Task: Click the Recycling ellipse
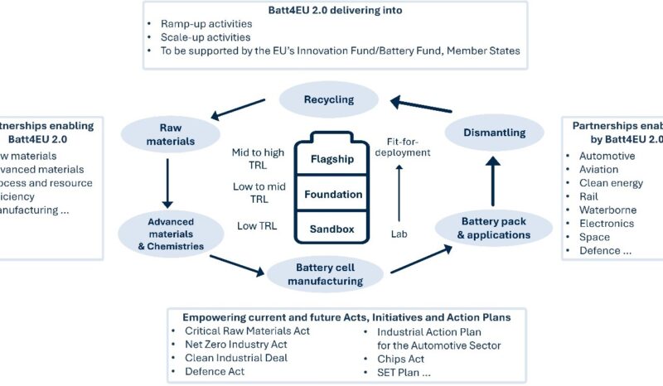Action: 328,99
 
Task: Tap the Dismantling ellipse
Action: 495,132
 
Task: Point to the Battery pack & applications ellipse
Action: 494,228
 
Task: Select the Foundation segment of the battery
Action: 331,194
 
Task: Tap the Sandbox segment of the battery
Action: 331,226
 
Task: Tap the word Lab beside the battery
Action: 399,234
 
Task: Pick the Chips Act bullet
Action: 396,358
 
